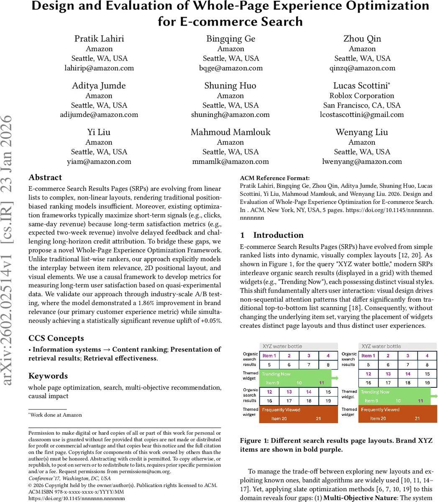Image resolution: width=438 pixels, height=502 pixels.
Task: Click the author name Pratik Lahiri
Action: pyautogui.click(x=99, y=38)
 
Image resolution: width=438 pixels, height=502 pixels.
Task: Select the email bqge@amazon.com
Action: pyautogui.click(x=231, y=68)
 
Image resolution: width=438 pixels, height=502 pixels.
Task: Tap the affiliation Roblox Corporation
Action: pyautogui.click(x=362, y=95)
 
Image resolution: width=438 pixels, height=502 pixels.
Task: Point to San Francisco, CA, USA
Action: pyautogui.click(x=362, y=105)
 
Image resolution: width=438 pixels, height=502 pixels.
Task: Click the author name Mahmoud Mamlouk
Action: pyautogui.click(x=231, y=132)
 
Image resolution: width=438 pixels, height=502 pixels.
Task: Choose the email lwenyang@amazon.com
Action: pyautogui.click(x=362, y=161)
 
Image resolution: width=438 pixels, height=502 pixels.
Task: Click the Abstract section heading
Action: pyautogui.click(x=45, y=177)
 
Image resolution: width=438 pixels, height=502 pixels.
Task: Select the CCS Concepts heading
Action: pyautogui.click(x=56, y=338)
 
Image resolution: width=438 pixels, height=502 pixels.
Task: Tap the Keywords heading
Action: pyautogui.click(x=48, y=376)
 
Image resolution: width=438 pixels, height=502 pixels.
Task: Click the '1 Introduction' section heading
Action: pyautogui.click(x=272, y=235)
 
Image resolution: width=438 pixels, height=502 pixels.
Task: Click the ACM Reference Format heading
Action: pyautogui.click(x=275, y=178)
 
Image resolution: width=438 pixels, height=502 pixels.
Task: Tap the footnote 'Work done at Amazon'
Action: pyautogui.click(x=56, y=415)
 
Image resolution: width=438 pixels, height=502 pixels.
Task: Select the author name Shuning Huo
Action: pyautogui.click(x=231, y=86)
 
